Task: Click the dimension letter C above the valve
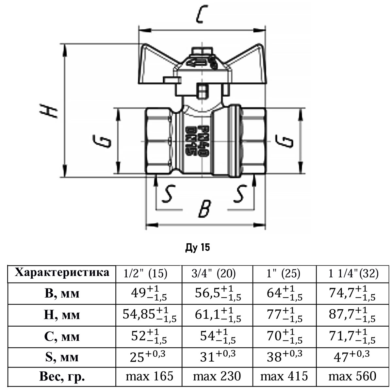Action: pyautogui.click(x=200, y=15)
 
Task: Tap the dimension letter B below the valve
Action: pyautogui.click(x=205, y=209)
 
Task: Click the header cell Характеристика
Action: pyautogui.click(x=62, y=273)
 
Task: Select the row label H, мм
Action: pyautogui.click(x=62, y=315)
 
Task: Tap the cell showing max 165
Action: pyautogui.click(x=149, y=377)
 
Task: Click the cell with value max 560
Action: pyautogui.click(x=352, y=377)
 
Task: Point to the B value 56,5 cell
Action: pyautogui.click(x=217, y=294)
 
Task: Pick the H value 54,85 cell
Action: pyautogui.click(x=149, y=315)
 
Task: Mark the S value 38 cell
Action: pyautogui.click(x=284, y=356)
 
